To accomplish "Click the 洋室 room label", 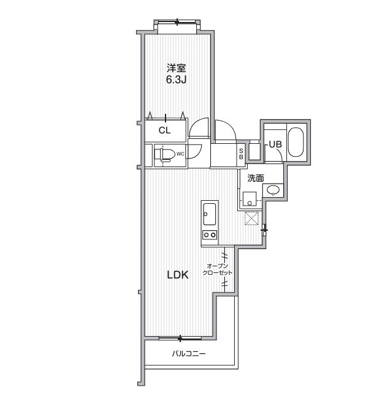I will [177, 68].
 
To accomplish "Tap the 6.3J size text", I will [177, 79].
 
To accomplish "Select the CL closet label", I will [164, 130].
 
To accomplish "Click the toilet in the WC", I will [163, 154].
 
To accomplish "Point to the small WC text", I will [180, 154].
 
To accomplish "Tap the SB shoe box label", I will [241, 153].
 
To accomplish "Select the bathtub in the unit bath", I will [296, 141].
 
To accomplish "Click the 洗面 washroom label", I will [256, 178].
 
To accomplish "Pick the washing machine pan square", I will [250, 198].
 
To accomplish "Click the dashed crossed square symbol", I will [251, 218].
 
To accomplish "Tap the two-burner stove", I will [208, 235].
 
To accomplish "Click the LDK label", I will [178, 275].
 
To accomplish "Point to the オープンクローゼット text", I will [218, 269].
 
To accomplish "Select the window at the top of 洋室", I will [177, 23].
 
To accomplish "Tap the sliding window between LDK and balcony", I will [180, 337].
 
